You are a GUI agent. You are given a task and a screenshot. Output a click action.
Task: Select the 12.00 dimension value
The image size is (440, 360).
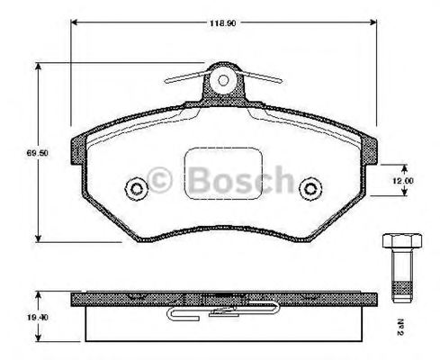coord(401,181)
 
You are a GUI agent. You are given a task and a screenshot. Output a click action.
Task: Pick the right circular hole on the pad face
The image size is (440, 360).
coord(310,189)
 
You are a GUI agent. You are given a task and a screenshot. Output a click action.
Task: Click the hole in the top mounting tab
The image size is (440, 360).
coord(221,81)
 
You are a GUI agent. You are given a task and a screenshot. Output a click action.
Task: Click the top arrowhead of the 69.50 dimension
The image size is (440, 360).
coord(38,66)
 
